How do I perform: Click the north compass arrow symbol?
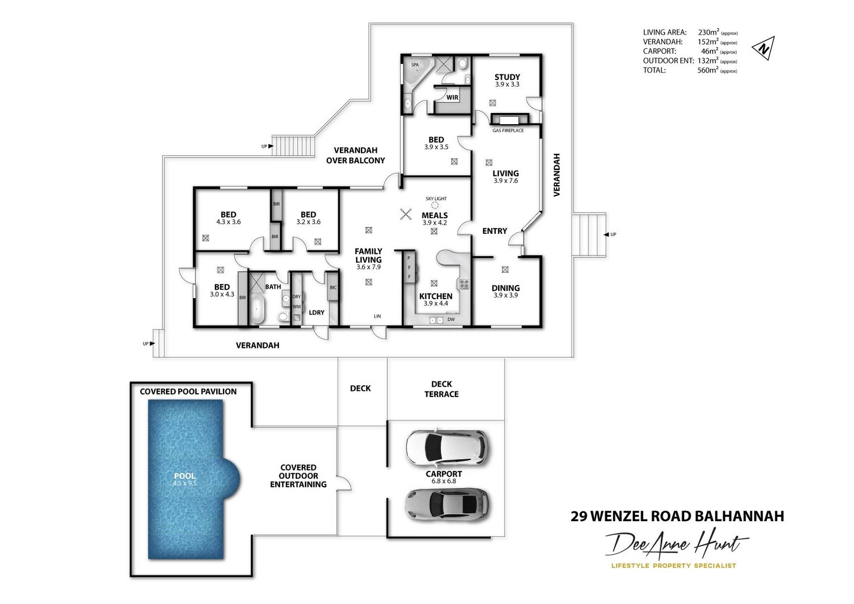click(x=763, y=48)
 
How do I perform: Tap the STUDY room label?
click(x=507, y=77)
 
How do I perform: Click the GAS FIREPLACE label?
click(x=507, y=130)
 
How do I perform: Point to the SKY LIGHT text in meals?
click(x=436, y=199)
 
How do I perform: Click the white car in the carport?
click(x=446, y=446)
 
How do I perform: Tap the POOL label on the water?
click(x=184, y=476)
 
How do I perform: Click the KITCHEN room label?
click(x=435, y=296)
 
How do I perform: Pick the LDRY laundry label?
click(x=316, y=313)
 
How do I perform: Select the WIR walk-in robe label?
click(x=452, y=97)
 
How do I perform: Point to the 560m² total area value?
click(x=708, y=70)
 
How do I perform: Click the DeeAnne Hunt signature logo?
click(x=677, y=544)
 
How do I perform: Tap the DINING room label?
click(x=505, y=288)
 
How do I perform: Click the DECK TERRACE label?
click(x=441, y=389)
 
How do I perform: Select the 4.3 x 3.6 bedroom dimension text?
click(x=228, y=222)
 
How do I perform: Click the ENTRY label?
click(x=494, y=231)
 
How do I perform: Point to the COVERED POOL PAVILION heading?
click(x=188, y=391)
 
